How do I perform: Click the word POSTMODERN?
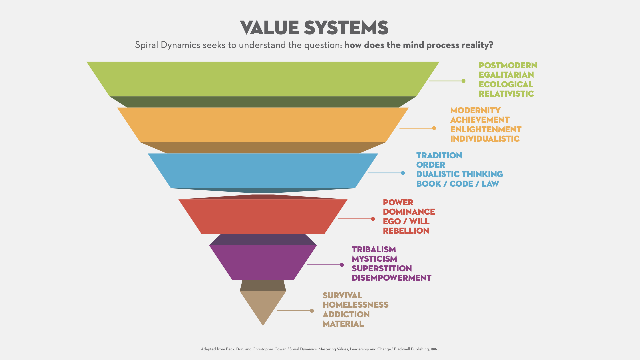(x=508, y=65)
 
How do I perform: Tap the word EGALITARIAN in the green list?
(x=506, y=75)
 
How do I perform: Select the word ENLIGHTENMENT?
(x=486, y=129)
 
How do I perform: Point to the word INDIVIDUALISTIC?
(x=485, y=139)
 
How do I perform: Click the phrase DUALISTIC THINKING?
(x=459, y=174)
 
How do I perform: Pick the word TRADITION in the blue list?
(x=439, y=155)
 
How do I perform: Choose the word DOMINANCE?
(x=409, y=212)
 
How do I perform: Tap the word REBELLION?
(x=406, y=231)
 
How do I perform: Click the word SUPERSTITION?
(x=382, y=268)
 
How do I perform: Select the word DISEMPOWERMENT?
(x=391, y=278)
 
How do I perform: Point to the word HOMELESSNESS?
(x=355, y=305)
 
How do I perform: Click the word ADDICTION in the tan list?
(x=346, y=314)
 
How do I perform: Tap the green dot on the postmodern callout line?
(x=463, y=81)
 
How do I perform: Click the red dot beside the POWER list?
(x=373, y=219)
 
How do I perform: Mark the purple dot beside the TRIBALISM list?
(x=342, y=265)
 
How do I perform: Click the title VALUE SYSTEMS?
(x=314, y=28)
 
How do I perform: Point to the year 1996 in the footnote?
(x=434, y=349)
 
